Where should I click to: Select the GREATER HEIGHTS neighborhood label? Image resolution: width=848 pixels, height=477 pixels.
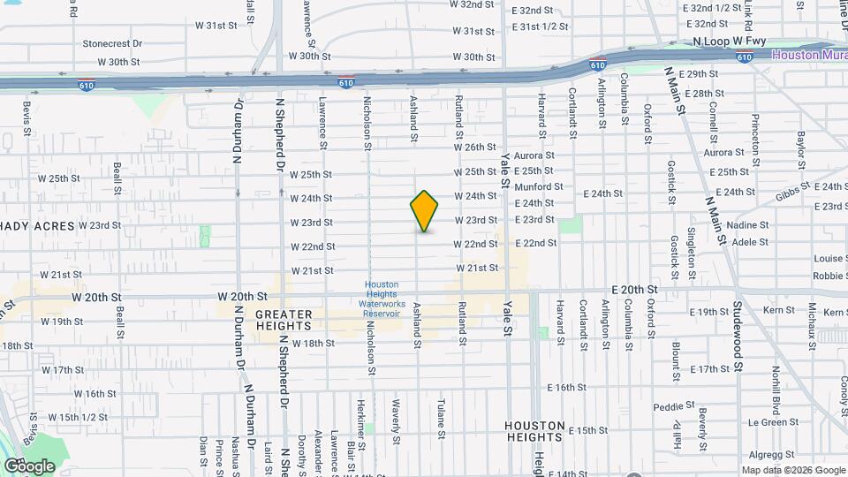284,320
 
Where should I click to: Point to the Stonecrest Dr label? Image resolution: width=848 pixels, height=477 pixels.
112,42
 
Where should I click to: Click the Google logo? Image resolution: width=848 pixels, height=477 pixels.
29,466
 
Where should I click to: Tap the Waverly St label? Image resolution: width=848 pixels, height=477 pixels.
396,426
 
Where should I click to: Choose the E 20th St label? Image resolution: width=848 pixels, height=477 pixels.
634,290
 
